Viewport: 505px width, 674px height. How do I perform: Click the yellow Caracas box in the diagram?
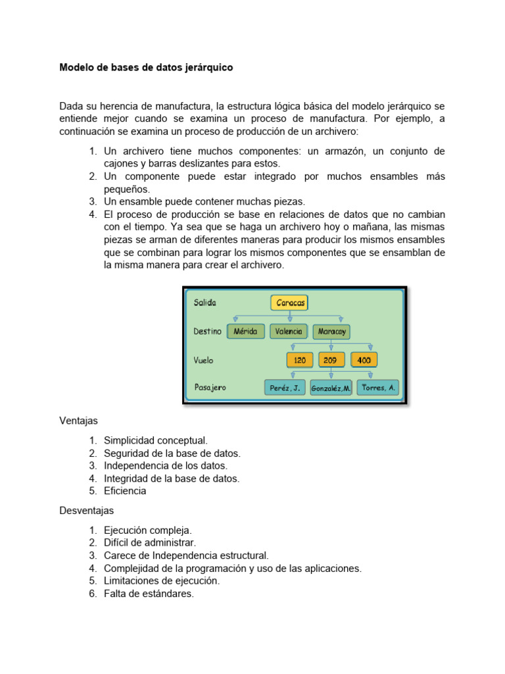coord(289,303)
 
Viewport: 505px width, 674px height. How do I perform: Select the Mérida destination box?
coord(246,332)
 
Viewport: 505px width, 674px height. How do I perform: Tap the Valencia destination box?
coord(288,332)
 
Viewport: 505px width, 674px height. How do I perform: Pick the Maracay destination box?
coord(332,332)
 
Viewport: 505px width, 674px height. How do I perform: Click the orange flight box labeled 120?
coord(300,360)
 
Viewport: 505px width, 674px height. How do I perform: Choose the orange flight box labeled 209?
coord(331,360)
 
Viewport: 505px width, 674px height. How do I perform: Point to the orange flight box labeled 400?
coord(364,360)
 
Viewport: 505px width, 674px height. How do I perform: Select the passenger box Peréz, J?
coord(285,388)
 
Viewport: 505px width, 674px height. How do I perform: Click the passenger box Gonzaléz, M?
coord(331,388)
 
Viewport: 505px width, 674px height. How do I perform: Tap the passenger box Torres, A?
coord(378,388)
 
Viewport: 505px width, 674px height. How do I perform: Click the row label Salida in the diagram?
coord(204,303)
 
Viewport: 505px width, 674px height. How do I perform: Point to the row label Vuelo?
coord(203,360)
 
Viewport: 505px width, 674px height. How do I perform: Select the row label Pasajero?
coord(210,388)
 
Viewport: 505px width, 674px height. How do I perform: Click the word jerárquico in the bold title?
coord(204,68)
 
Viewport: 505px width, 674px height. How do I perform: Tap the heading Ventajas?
coord(78,420)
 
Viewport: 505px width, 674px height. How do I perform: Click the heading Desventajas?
coord(87,510)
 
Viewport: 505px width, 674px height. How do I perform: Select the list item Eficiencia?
coord(125,491)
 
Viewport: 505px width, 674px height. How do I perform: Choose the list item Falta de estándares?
coord(149,594)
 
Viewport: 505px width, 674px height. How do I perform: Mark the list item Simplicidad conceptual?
coord(155,440)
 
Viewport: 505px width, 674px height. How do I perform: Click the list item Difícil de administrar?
coord(150,543)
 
